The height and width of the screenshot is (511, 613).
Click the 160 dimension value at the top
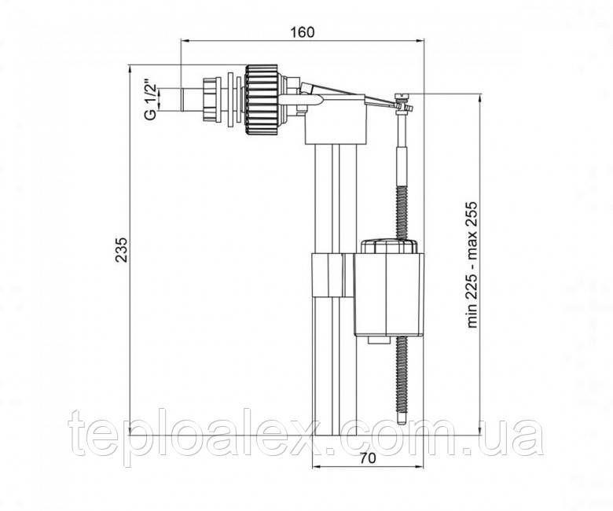302,32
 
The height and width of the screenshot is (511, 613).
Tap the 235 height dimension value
121,249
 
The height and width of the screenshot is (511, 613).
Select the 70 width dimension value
368,458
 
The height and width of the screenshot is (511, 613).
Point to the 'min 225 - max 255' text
472,265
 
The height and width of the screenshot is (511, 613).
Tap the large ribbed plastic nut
262,101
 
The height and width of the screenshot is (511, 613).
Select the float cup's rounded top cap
389,247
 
